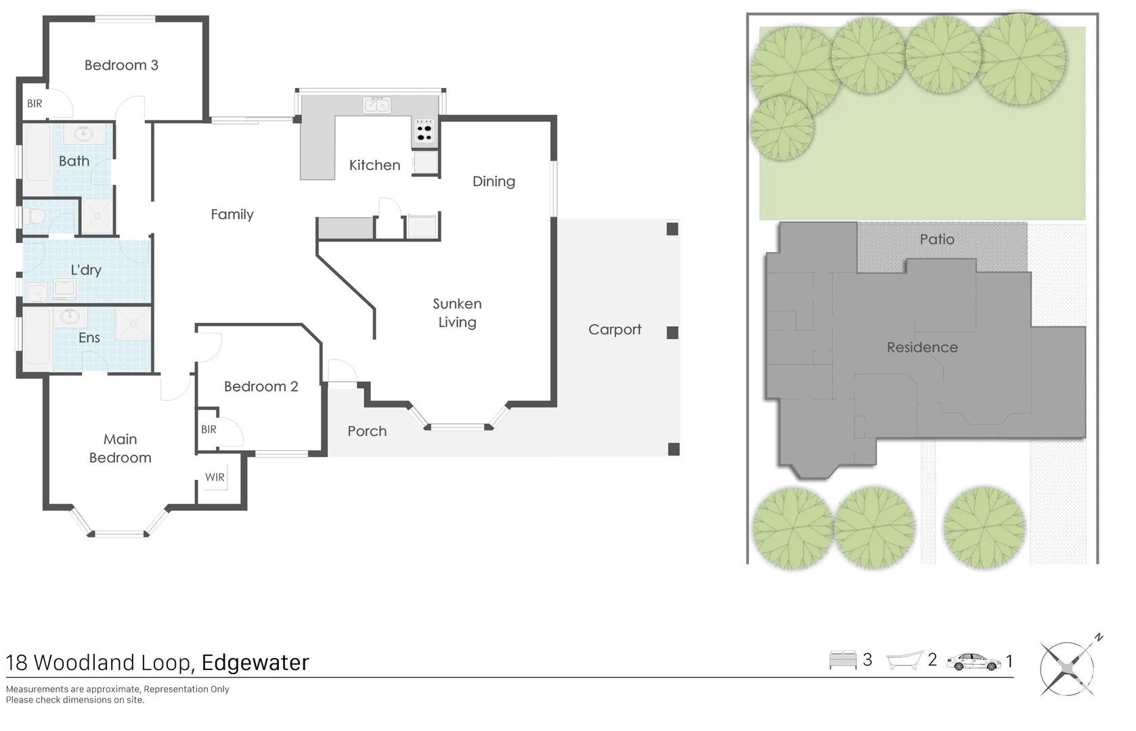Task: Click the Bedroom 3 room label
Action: pyautogui.click(x=121, y=65)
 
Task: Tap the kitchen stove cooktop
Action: pyautogui.click(x=424, y=132)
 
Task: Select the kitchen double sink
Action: pyautogui.click(x=376, y=104)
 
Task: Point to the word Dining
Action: pyautogui.click(x=494, y=181)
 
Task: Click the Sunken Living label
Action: pyautogui.click(x=457, y=313)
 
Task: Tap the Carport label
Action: pyautogui.click(x=615, y=330)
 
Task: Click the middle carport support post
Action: pyautogui.click(x=672, y=332)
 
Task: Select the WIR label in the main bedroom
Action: pyautogui.click(x=215, y=477)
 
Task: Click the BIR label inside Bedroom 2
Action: pyautogui.click(x=209, y=429)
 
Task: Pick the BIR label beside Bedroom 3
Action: pyautogui.click(x=35, y=104)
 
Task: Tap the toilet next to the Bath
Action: pyautogui.click(x=34, y=217)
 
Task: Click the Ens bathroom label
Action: pyautogui.click(x=89, y=338)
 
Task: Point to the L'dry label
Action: pyautogui.click(x=86, y=269)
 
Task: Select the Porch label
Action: pyautogui.click(x=367, y=431)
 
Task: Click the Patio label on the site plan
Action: pyautogui.click(x=937, y=240)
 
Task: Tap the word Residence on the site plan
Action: pyautogui.click(x=922, y=347)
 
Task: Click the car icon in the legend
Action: pyautogui.click(x=974, y=662)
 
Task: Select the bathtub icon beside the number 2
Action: pyautogui.click(x=904, y=660)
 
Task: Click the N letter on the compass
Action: pyautogui.click(x=1099, y=638)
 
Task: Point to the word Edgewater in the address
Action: pyautogui.click(x=255, y=663)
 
